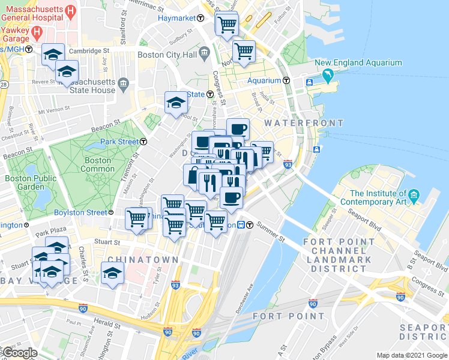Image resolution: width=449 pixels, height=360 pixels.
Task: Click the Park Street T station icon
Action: pyautogui.click(x=144, y=142)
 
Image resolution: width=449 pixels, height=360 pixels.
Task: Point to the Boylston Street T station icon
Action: pyautogui.click(x=111, y=212)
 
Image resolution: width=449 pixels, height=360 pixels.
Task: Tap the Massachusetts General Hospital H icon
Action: pyautogui.click(x=70, y=10)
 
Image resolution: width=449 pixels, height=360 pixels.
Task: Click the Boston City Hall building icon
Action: pyautogui.click(x=205, y=55)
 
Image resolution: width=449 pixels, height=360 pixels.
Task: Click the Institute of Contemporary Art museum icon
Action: pyautogui.click(x=414, y=196)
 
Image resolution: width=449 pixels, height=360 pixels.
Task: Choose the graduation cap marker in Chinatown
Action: pyautogui.click(x=112, y=272)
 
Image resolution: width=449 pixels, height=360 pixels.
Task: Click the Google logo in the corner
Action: pyautogui.click(x=19, y=353)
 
